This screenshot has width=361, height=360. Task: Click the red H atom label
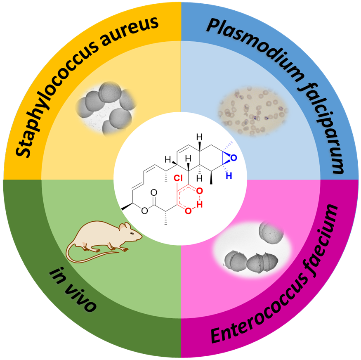point(200,202)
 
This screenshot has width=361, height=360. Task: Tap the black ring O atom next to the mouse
point(144,211)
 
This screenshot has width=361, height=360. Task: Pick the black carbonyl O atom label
point(153,193)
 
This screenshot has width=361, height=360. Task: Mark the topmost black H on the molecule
point(199,136)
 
